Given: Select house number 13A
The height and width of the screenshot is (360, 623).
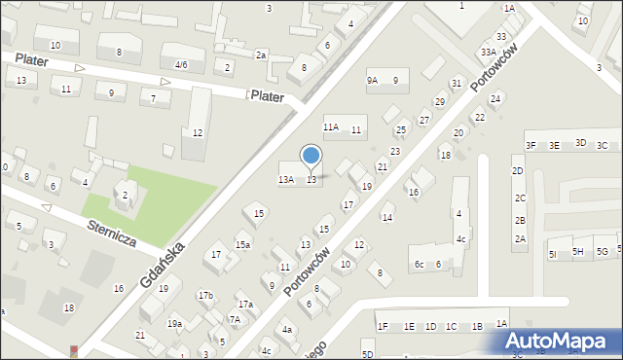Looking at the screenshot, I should tap(286, 180).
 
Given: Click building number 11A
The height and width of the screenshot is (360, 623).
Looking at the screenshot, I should tap(331, 127).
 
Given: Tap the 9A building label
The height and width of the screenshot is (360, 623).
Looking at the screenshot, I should tap(372, 81).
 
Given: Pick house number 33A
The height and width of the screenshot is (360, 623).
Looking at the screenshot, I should tap(488, 53).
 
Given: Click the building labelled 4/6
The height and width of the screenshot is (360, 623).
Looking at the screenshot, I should tap(181, 65).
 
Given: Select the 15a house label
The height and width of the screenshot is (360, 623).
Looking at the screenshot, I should tap(242, 245).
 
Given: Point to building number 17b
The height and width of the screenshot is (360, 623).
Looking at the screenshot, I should tap(205, 295).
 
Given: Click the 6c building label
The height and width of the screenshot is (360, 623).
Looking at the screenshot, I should tap(420, 265).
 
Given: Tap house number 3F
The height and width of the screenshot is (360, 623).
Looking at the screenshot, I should tap(531, 146).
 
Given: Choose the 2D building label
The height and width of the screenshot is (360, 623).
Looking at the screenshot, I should tap(519, 171).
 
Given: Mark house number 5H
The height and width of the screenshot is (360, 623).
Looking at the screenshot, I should tap(577, 252).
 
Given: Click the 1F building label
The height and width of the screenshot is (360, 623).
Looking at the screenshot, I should tap(383, 326).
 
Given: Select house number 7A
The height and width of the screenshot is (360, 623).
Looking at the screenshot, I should tap(235, 319).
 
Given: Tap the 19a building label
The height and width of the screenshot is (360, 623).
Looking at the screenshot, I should tap(174, 324).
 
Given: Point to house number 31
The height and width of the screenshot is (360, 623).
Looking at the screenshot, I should tap(456, 84).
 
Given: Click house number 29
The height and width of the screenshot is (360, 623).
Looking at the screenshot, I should tap(439, 102).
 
